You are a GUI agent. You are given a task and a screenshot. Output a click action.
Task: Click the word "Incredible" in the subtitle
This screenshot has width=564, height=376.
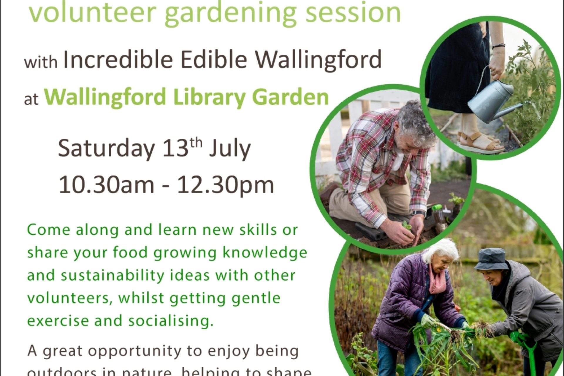tap(118, 60)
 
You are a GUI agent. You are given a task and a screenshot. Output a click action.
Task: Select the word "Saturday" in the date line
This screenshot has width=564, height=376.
tap(106, 148)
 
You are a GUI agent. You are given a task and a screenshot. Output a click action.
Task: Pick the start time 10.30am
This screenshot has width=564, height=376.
tap(106, 185)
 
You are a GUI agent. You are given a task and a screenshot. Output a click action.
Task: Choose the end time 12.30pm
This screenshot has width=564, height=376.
tap(225, 185)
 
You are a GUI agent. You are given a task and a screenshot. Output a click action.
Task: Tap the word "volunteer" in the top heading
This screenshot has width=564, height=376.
tap(92, 12)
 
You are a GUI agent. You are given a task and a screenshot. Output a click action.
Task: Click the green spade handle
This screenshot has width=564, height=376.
tap(529, 352)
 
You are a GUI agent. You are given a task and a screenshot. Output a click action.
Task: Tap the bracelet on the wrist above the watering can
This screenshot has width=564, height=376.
tap(498, 46)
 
